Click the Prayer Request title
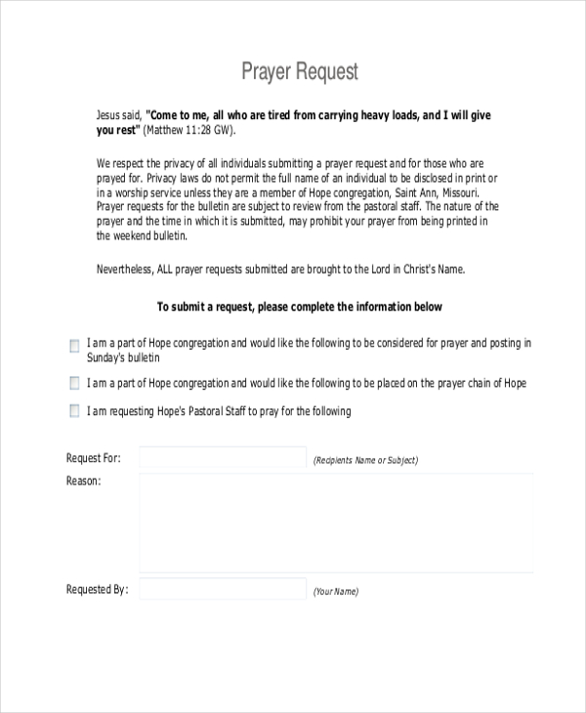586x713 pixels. pos(300,71)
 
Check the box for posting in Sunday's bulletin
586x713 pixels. pos(75,346)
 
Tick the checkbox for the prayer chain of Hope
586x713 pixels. pos(75,384)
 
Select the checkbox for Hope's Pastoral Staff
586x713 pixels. pos(75,412)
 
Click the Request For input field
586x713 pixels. pos(223,458)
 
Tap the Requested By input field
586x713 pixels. pos(223,589)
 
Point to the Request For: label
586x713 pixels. pos(93,458)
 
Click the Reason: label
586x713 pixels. pos(83,481)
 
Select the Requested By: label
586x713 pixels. pos(97,589)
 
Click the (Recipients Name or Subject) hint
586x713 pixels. pos(364,460)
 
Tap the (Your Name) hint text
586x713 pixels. pos(335,592)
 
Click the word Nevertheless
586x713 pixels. pos(126,270)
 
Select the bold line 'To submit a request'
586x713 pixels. pos(299,307)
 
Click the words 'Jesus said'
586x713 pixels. pos(119,114)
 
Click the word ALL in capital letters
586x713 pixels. pos(169,270)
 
